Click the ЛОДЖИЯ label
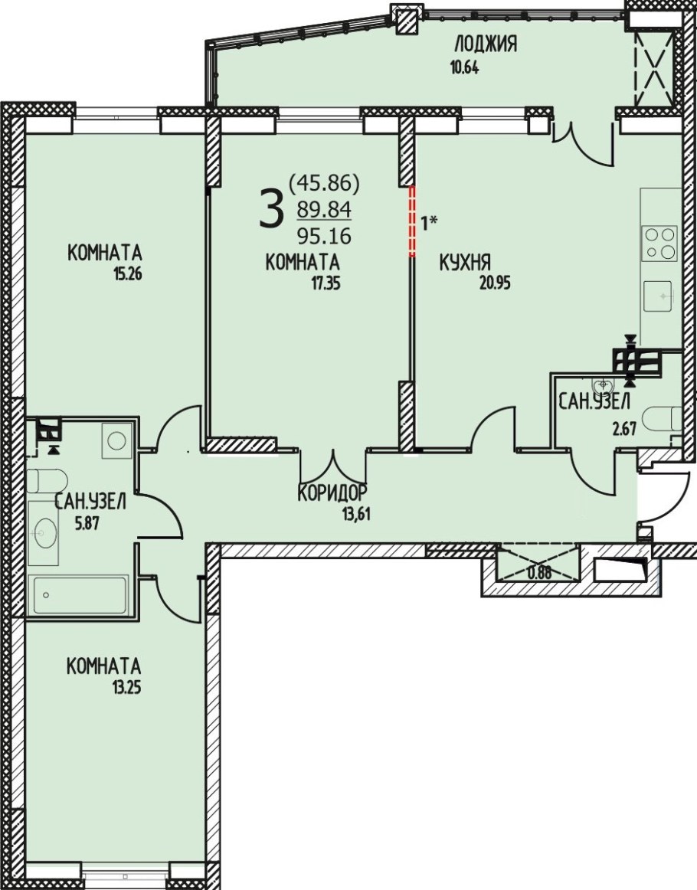(x=486, y=44)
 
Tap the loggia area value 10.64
(x=465, y=68)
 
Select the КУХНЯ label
(x=465, y=262)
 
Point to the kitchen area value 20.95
(x=495, y=283)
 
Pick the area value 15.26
(x=127, y=276)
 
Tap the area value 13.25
(x=126, y=689)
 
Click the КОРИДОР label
(x=332, y=492)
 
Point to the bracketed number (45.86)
(x=325, y=183)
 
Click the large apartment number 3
(x=270, y=208)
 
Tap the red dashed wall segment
(x=413, y=221)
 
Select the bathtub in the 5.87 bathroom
(x=80, y=594)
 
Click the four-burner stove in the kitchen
(x=660, y=243)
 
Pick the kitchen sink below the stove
(x=660, y=296)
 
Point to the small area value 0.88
(x=538, y=573)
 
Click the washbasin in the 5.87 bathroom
(x=43, y=533)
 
